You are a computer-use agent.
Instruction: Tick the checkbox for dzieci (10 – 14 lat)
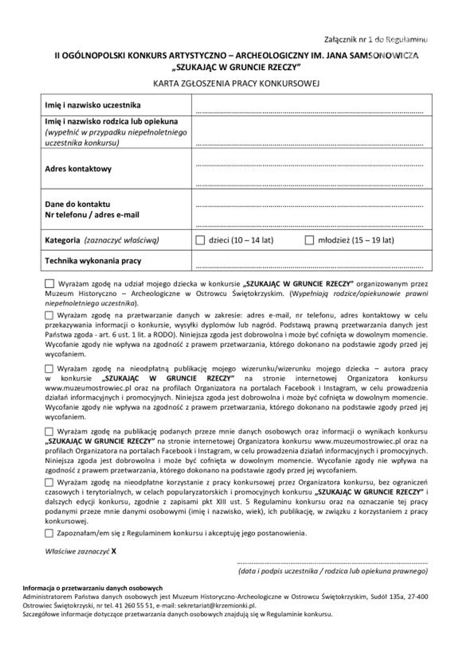pos(200,240)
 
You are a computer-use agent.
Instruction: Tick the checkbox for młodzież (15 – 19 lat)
pos(309,240)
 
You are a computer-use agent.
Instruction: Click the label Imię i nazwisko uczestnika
pos(93,105)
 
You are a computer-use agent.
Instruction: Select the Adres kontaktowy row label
pos(78,169)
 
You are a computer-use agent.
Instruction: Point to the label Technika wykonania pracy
pos(93,261)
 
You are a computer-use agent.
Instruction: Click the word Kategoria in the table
pos(62,240)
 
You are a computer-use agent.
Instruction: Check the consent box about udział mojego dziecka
pos(49,284)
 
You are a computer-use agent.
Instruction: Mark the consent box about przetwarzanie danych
pos(49,315)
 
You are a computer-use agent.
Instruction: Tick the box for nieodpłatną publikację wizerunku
pos(49,369)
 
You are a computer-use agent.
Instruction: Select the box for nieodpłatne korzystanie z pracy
pos(49,482)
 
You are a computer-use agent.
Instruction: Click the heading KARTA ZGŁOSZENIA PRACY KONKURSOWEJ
pos(236,84)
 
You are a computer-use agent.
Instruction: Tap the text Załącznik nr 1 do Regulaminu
pos(376,40)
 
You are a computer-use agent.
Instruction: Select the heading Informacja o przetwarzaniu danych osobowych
pos(93,588)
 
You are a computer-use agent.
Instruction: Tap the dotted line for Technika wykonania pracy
pos(309,266)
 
